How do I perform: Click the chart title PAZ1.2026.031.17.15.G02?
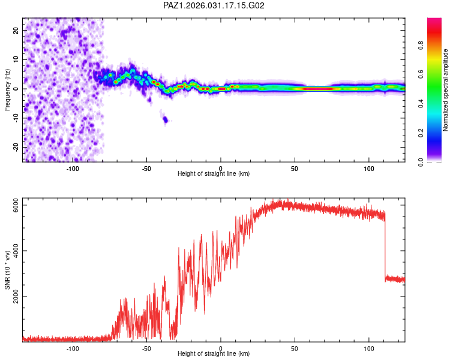click(214, 5)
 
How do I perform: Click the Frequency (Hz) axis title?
click(7, 89)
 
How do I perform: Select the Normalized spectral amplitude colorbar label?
click(446, 90)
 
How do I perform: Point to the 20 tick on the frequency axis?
click(16, 30)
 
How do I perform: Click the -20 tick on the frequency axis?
click(16, 148)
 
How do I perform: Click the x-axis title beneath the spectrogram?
click(214, 174)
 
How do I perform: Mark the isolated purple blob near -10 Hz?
click(166, 119)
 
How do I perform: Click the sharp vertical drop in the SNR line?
click(385, 246)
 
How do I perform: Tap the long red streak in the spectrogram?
click(318, 89)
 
